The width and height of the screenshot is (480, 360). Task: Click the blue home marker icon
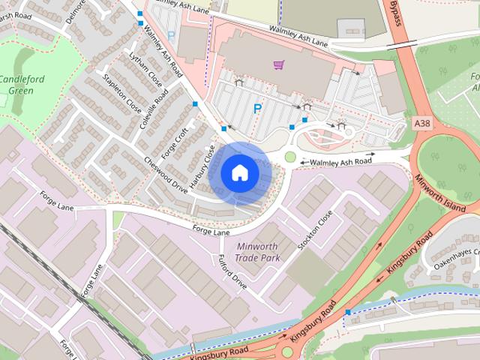239,173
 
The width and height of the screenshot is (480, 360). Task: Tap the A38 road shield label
421,121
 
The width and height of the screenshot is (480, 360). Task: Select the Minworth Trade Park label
256,252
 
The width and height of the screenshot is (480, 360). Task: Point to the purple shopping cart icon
279,65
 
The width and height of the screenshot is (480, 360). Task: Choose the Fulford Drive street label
232,272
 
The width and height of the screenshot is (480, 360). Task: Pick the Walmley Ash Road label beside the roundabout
341,160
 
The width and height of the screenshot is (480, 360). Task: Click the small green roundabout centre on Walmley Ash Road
290,157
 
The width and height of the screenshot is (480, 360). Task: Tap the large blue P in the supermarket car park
257,109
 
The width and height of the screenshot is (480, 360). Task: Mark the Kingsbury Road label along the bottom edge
218,351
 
